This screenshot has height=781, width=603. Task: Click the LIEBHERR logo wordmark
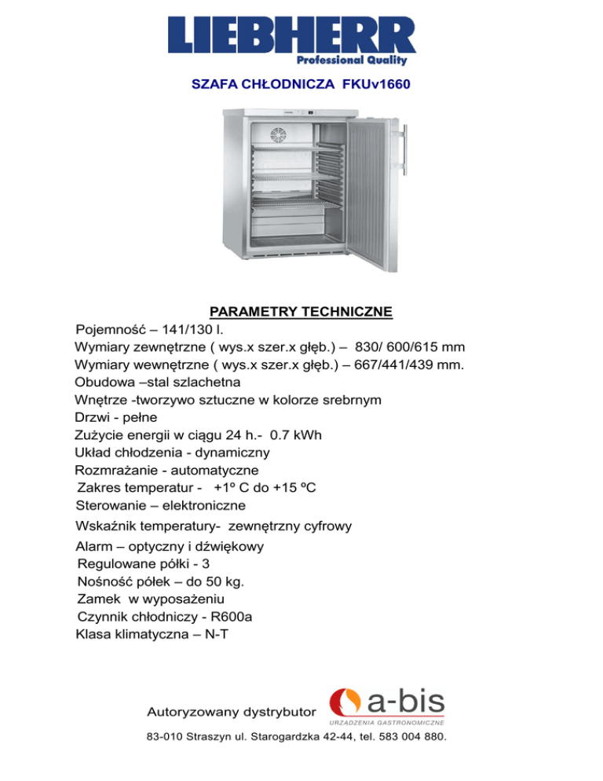pos(291,35)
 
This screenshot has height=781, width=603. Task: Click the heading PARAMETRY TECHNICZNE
pos(301,313)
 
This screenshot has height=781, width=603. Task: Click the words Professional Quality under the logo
pos(363,60)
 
